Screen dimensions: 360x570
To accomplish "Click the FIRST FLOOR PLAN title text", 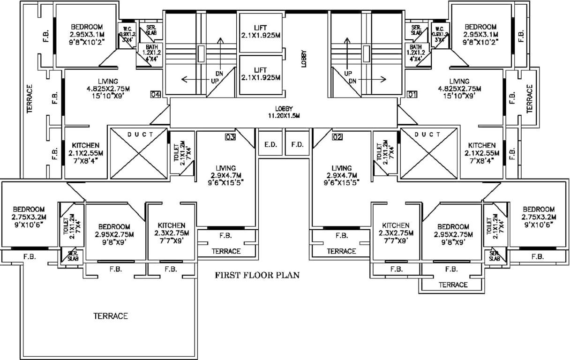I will [257, 275].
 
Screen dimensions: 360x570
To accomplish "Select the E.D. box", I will [270, 145].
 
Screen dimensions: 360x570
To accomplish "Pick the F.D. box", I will [297, 145].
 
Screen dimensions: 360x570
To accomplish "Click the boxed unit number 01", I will [412, 94].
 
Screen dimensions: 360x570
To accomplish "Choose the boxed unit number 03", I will [230, 137].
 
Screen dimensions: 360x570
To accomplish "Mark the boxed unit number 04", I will [156, 94].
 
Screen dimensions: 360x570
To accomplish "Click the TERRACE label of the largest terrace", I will [110, 316].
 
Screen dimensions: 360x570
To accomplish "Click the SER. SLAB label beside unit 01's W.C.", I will [416, 30].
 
